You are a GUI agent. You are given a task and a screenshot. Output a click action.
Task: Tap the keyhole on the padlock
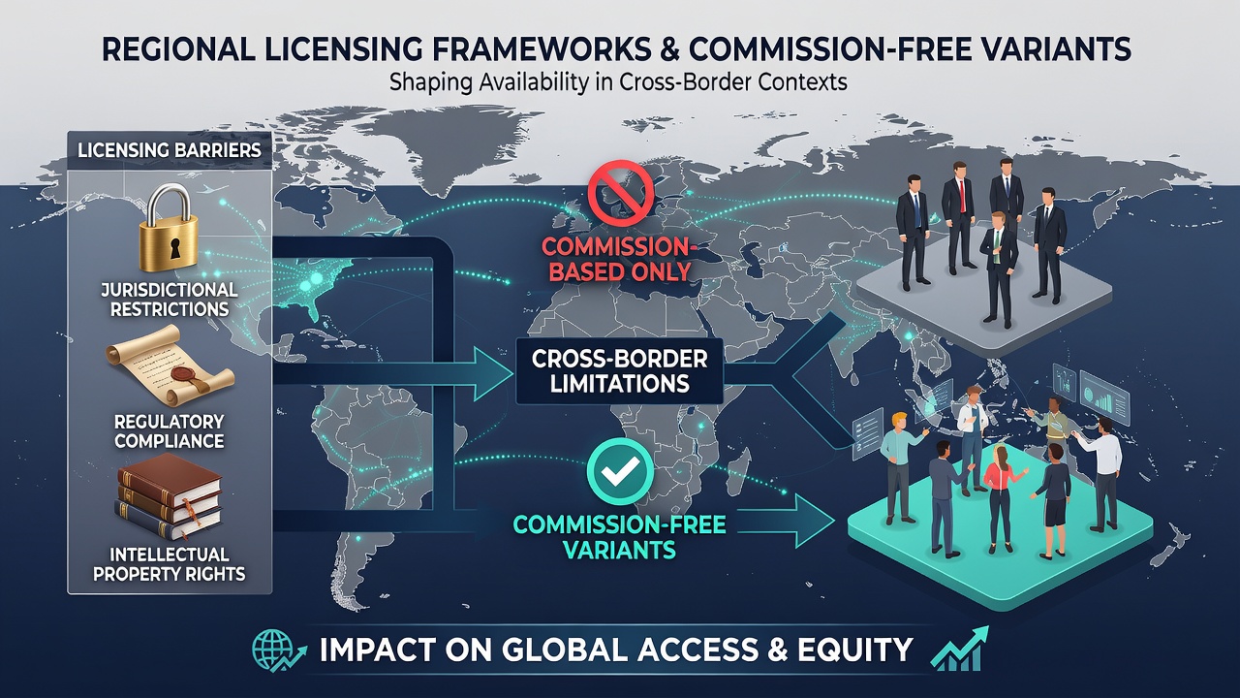click(x=175, y=248)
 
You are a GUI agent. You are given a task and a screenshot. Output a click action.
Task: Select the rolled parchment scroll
click(x=170, y=365)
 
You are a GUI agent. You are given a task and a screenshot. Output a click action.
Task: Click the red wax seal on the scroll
click(x=184, y=374)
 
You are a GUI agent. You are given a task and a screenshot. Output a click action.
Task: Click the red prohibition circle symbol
click(x=621, y=193)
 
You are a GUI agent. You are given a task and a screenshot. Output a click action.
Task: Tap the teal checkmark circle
click(x=620, y=471)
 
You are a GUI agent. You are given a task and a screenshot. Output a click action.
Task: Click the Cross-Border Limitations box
click(x=619, y=371)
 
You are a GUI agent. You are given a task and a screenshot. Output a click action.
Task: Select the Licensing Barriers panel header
click(x=170, y=150)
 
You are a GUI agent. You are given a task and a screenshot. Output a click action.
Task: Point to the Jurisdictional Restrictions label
click(x=170, y=300)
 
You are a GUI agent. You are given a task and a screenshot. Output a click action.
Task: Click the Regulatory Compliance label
click(x=170, y=431)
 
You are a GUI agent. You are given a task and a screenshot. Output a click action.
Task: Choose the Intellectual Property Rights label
click(x=170, y=564)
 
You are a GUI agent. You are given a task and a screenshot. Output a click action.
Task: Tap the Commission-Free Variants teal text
click(x=619, y=537)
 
